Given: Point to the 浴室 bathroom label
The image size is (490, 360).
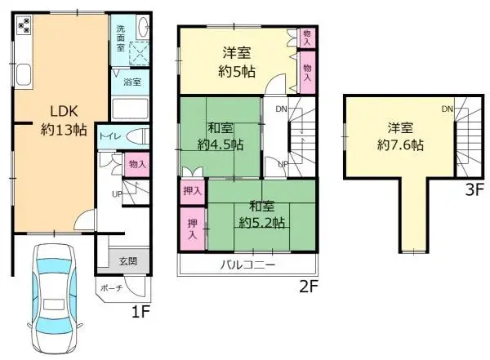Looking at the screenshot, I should click(x=132, y=82).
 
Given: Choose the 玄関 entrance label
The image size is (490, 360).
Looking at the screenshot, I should click(x=129, y=261).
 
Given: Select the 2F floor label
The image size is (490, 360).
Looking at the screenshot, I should click(x=307, y=286).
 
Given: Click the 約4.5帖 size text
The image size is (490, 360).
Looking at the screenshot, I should click(x=220, y=144).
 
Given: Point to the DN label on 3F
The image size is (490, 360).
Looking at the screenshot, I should click(x=448, y=109).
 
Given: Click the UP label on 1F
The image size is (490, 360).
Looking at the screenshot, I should click(x=116, y=193).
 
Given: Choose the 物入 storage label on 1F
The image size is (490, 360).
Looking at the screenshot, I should click(x=137, y=165).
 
